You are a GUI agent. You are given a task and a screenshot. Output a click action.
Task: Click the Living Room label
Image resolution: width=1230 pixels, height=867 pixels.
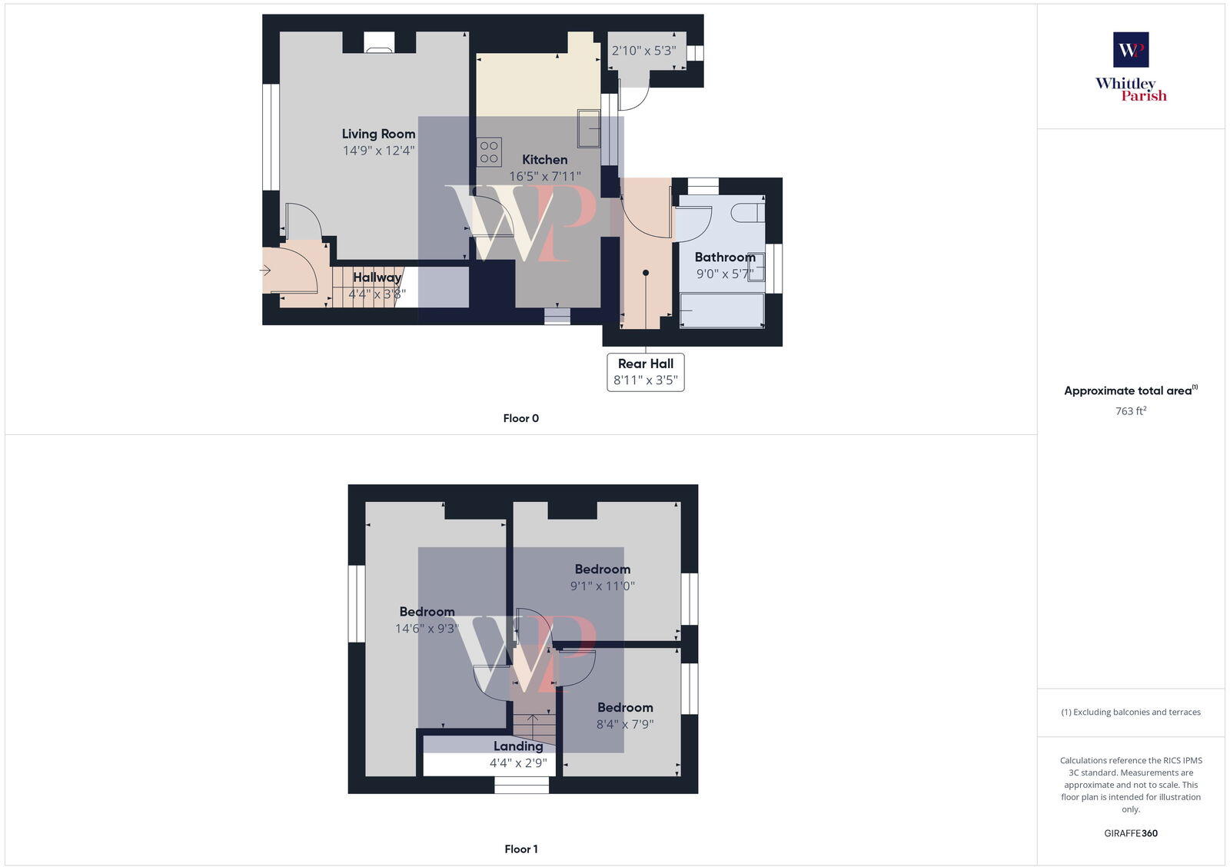(378, 134)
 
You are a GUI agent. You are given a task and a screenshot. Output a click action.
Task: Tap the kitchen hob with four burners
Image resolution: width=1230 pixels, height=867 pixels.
(489, 151)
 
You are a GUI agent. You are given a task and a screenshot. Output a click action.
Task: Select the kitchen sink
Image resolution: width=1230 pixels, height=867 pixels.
(589, 128)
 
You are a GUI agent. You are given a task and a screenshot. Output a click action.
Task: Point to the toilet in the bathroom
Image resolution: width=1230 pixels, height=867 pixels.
(748, 212)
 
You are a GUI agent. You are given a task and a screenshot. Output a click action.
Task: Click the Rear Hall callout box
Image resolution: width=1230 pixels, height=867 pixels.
(646, 372)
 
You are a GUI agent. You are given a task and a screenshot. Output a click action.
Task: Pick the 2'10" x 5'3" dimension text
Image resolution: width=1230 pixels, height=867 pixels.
(643, 51)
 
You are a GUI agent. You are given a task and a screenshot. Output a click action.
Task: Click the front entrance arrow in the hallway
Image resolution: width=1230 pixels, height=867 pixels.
(266, 271)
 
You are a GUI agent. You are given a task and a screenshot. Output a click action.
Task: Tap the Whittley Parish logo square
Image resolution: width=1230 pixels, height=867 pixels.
(1131, 50)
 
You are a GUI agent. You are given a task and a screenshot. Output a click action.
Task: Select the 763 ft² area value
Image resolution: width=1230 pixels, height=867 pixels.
(1131, 411)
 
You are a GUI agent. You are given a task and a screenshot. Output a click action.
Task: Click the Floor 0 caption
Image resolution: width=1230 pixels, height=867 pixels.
(521, 418)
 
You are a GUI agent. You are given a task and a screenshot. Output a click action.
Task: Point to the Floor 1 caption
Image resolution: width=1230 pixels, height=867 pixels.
(521, 849)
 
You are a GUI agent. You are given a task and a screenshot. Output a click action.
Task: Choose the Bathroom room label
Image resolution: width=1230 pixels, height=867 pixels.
(725, 257)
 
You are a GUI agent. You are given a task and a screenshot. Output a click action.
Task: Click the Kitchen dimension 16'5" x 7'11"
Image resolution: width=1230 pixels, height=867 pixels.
(545, 176)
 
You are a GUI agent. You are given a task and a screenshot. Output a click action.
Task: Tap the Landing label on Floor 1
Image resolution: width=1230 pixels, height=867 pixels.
(518, 746)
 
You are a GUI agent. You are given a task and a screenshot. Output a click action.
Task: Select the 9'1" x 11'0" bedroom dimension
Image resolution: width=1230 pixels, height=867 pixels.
(603, 586)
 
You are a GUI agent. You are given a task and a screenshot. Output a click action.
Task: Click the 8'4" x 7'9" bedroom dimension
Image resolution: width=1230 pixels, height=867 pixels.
(625, 724)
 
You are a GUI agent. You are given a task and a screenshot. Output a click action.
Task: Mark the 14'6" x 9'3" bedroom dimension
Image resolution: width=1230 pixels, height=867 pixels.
(427, 628)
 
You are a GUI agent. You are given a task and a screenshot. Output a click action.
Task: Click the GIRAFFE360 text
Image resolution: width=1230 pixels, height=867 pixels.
(1131, 833)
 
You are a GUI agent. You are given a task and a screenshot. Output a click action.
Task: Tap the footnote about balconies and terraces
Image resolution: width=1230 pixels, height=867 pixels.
(1131, 712)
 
